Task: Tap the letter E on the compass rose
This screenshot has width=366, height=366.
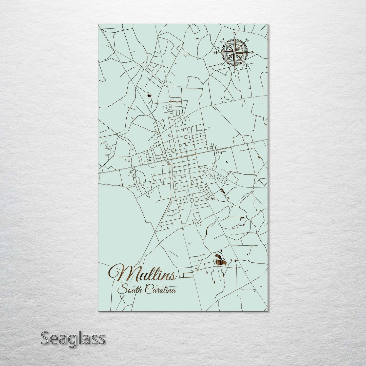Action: click(x=252, y=52)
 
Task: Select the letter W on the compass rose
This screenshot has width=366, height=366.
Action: click(x=216, y=53)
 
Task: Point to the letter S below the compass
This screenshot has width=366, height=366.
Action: click(x=234, y=71)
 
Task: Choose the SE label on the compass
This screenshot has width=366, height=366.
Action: click(x=247, y=65)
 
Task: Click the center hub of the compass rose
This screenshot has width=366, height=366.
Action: click(x=235, y=52)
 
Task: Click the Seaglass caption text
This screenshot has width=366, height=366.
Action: click(x=73, y=338)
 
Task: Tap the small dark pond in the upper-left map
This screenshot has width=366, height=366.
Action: click(x=149, y=95)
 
